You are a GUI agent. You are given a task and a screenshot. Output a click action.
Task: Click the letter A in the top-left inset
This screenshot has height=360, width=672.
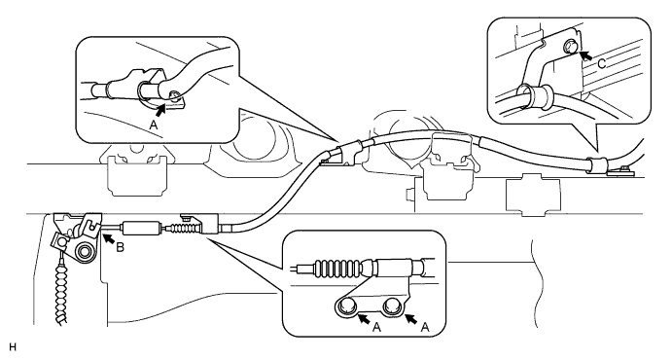point(153,126)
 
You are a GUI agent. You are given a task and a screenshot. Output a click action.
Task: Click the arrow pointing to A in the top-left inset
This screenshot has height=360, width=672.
point(161,110)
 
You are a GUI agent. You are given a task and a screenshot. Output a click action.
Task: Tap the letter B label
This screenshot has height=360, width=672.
point(120,247)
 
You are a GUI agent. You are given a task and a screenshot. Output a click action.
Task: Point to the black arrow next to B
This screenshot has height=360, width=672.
point(108,237)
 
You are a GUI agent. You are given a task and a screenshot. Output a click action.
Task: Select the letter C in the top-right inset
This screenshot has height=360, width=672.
point(602,64)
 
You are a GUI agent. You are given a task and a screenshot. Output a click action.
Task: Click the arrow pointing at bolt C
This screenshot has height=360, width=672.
point(586,55)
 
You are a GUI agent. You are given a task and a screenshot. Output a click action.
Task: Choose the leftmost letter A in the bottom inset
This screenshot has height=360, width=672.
point(376,328)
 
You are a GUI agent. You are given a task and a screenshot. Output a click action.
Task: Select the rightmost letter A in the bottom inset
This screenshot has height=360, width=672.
point(425,328)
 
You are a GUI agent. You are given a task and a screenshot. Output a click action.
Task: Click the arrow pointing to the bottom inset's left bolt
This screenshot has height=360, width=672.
point(364,318)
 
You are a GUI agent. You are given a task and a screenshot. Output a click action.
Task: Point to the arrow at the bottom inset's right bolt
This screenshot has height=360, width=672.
point(411,318)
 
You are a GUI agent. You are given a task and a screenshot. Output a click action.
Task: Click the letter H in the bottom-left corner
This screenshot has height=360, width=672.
point(13,346)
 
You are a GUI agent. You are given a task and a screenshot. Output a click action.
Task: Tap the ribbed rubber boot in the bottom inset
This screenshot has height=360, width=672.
point(337,268)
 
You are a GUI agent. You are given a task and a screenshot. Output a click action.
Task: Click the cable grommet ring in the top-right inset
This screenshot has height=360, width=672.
point(525,95)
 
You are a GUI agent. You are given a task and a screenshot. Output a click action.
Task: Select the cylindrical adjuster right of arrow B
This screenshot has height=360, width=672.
point(142,227)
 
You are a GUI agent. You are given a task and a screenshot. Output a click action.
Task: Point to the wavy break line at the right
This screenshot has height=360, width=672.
point(535,284)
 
